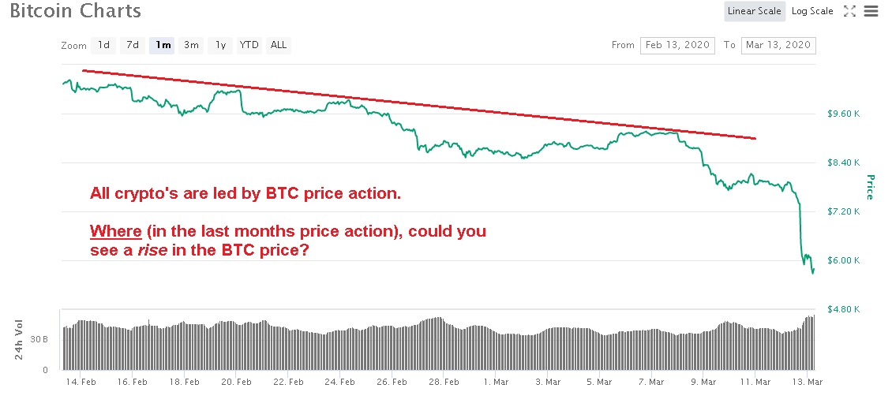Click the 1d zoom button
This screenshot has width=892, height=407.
point(103,45)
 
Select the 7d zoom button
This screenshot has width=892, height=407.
point(133,45)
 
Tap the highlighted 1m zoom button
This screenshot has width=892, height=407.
point(163,45)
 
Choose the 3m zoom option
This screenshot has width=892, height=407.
point(191,45)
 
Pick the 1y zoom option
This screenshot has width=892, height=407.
point(220,45)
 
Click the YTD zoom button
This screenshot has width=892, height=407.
point(249,45)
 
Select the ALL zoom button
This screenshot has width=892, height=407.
point(279,45)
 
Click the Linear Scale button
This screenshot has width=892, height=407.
point(755,11)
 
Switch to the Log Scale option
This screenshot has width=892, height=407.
point(812,11)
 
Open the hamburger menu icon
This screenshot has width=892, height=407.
point(871,11)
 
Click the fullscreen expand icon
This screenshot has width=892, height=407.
point(850,11)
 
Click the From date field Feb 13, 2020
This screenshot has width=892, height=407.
point(677,45)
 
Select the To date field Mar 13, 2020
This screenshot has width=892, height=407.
point(778,45)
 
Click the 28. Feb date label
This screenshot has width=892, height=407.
point(444,382)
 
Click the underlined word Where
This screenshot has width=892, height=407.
point(115,232)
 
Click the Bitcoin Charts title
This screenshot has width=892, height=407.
point(76,12)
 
